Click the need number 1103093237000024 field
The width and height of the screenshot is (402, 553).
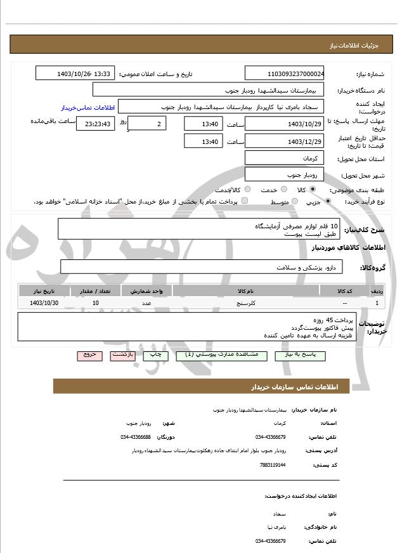pos(285,74)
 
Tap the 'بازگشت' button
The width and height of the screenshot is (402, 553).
pos(122,355)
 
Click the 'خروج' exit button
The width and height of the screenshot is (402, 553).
pos(89,355)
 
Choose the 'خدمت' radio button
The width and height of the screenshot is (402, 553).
pos(283,190)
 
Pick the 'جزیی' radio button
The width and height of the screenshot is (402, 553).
pos(327,201)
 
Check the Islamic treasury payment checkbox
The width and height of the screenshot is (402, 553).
pos(245,201)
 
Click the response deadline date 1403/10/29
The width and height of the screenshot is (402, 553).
pos(285,124)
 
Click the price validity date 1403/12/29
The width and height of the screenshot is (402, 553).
pos(285,141)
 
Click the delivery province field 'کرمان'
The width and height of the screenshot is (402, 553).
pos(285,157)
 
